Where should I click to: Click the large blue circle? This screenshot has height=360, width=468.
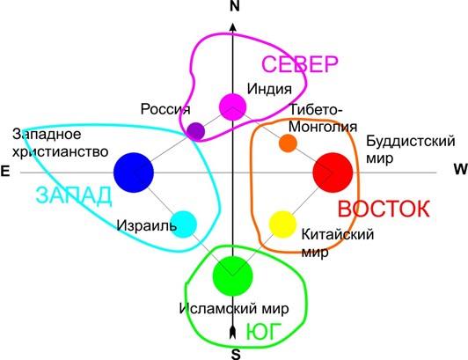(x=134, y=173)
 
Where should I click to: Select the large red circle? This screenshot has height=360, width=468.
(x=333, y=173)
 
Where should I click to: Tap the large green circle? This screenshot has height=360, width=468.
(x=233, y=276)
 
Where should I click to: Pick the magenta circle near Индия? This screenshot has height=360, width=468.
(x=233, y=107)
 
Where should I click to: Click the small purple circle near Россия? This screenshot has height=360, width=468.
(x=196, y=131)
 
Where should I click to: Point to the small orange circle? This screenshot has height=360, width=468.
(x=288, y=143)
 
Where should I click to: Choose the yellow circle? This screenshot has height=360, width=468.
(x=282, y=224)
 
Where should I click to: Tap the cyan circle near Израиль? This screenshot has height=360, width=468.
(x=184, y=224)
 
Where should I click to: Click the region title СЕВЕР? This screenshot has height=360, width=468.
(x=300, y=64)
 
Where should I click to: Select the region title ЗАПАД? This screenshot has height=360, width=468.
(x=74, y=195)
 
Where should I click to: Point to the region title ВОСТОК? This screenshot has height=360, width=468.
(x=384, y=209)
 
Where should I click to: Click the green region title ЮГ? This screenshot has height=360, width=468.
(x=264, y=332)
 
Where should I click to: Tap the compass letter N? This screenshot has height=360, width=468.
(x=235, y=6)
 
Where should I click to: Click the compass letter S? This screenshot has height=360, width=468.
(x=236, y=354)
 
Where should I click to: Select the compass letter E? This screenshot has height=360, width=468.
(x=5, y=172)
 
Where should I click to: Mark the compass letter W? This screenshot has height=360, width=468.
(x=461, y=169)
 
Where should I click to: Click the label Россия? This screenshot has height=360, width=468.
(x=165, y=109)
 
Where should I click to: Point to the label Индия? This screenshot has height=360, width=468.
(x=269, y=89)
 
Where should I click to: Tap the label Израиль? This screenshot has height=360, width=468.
(x=147, y=225)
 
